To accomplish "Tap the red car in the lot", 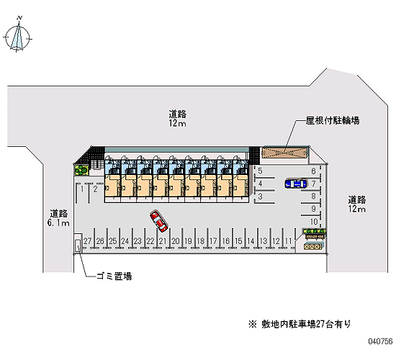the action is [x=159, y=221].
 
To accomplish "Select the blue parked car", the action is [x=296, y=184].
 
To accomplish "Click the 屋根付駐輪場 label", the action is [x=333, y=120].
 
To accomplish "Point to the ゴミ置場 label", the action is [x=114, y=276].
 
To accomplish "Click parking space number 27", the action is [x=87, y=241].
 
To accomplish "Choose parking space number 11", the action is [x=288, y=241].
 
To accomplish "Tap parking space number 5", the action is [x=260, y=171].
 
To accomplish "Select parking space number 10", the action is [x=314, y=222].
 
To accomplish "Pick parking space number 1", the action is [x=82, y=189].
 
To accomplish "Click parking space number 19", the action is [x=188, y=241].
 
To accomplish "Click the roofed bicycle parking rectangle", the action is [x=284, y=153].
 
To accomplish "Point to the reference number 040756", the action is [x=380, y=341].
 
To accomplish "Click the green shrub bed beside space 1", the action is [x=81, y=170].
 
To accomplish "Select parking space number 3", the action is [x=260, y=197].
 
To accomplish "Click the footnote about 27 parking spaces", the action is [x=300, y=324].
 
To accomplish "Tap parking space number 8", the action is [x=313, y=196].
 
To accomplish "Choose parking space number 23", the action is [x=138, y=241].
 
